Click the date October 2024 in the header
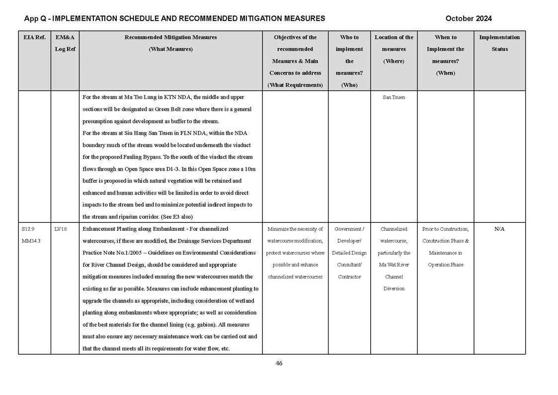tap(468, 18)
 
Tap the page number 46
tap(279, 363)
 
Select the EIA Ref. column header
tap(34, 37)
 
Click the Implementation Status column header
tap(499, 43)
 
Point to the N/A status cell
tap(499, 229)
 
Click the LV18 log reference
tap(60, 229)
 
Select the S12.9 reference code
tap(28, 229)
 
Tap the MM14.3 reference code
tap(31, 241)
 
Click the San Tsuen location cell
tap(394, 98)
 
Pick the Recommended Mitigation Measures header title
tap(170, 37)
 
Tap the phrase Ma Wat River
tap(394, 265)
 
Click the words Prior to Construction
tap(445, 229)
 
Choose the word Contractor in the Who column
tap(349, 277)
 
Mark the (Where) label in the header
tap(394, 61)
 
